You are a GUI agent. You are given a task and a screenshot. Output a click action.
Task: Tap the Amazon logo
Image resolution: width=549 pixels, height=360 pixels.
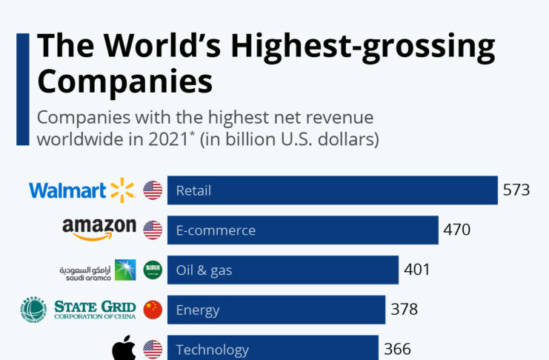(x=99, y=229)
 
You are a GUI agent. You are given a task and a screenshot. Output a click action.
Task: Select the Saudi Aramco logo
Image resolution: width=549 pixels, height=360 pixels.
(x=97, y=270)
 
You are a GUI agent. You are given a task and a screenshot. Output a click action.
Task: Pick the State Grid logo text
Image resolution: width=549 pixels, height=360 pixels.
(x=95, y=309)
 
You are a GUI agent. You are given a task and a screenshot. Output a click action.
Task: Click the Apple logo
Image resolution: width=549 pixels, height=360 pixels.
(x=124, y=348)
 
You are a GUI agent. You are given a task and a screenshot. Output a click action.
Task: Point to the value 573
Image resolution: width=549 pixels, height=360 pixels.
(x=516, y=190)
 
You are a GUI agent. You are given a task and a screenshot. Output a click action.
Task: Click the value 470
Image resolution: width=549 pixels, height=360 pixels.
(x=456, y=230)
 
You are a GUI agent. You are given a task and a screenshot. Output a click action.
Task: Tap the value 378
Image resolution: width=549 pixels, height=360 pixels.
(x=405, y=310)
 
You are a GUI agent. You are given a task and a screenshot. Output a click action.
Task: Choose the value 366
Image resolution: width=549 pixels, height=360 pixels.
(x=396, y=349)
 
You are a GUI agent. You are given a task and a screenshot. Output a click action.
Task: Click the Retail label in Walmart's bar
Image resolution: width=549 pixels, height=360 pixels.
(x=193, y=190)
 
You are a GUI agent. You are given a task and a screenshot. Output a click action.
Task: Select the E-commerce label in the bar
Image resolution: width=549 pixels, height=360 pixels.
(x=216, y=230)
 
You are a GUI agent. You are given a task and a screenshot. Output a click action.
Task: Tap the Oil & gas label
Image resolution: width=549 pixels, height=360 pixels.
(x=204, y=270)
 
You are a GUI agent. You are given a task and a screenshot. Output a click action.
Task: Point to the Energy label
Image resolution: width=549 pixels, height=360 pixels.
(x=198, y=310)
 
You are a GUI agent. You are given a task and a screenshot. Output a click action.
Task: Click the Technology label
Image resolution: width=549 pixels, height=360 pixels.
(x=212, y=350)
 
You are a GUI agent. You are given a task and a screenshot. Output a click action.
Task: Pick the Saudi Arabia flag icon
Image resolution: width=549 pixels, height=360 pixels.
(x=153, y=270)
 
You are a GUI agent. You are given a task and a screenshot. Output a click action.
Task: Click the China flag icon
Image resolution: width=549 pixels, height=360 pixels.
(x=153, y=310)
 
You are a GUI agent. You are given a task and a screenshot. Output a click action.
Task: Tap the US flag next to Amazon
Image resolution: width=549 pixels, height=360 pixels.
(x=153, y=230)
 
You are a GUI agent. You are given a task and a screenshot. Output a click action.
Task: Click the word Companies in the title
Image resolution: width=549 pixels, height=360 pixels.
(x=124, y=81)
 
